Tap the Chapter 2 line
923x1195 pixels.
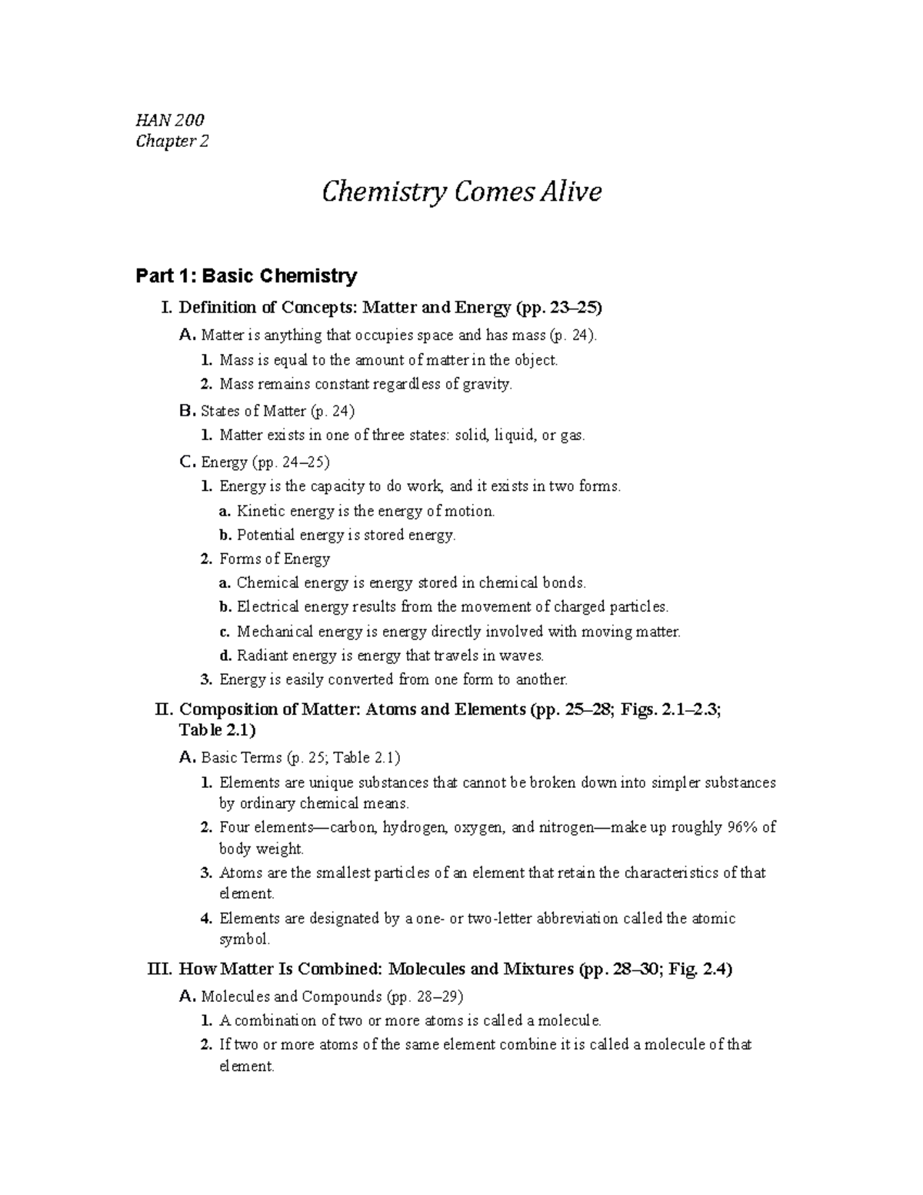click(172, 142)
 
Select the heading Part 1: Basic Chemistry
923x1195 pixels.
click(246, 275)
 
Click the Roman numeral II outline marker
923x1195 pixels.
click(165, 709)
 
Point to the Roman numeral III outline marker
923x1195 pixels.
click(159, 969)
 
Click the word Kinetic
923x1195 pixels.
click(261, 511)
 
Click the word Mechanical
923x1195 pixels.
click(275, 632)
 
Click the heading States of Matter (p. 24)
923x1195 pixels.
click(277, 411)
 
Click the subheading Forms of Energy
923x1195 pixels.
click(275, 559)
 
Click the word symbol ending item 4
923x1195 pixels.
click(245, 939)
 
